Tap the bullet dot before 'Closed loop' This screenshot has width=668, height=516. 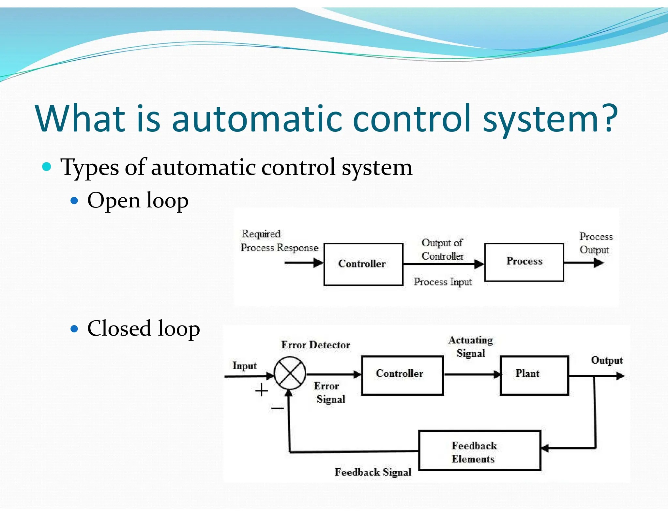(x=75, y=328)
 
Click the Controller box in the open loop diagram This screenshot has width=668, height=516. (x=363, y=264)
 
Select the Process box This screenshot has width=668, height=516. (x=524, y=262)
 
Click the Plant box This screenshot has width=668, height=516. (x=534, y=375)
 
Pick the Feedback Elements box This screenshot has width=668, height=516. (x=479, y=450)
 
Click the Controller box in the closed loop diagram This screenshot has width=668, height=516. (x=402, y=375)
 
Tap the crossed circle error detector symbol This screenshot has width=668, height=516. (x=290, y=373)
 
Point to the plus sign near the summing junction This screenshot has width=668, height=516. (x=262, y=390)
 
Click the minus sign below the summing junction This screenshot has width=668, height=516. (x=277, y=408)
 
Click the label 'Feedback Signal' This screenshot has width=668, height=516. (x=373, y=472)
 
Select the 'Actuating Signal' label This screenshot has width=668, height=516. (x=471, y=346)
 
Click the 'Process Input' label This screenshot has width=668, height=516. (x=443, y=282)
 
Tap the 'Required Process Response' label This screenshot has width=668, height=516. (x=279, y=241)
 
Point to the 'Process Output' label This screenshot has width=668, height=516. (x=596, y=243)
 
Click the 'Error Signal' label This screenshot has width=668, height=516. (x=329, y=392)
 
